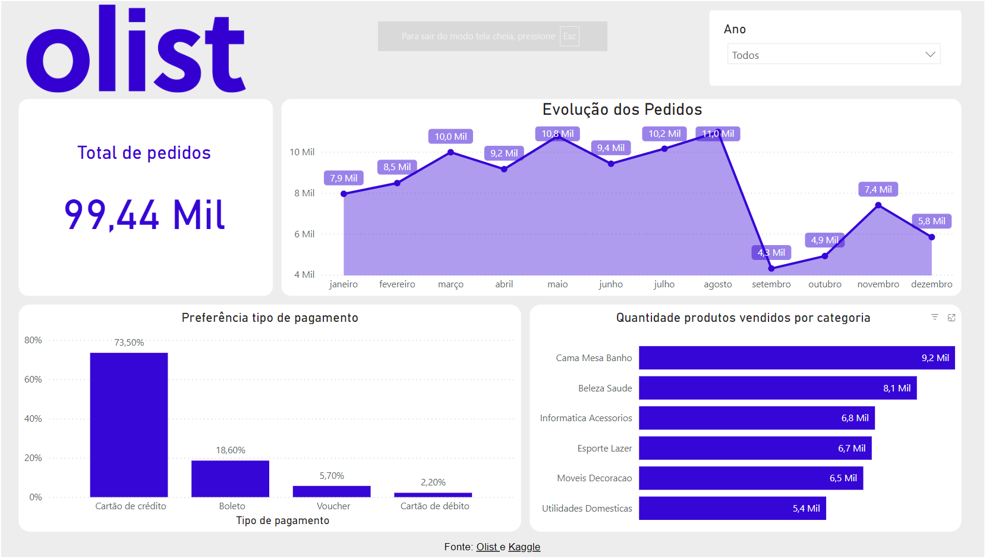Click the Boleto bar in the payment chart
tap(230, 478)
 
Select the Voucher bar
tap(332, 491)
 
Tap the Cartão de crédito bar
tap(129, 425)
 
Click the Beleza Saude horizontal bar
tap(777, 388)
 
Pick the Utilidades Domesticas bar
tap(732, 509)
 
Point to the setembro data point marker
tap(771, 268)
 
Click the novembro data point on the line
tap(878, 205)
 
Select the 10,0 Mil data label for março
tap(451, 137)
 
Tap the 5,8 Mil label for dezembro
tap(931, 221)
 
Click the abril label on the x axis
tap(504, 284)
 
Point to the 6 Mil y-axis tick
tap(304, 234)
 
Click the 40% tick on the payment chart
tap(33, 419)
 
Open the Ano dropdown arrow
tap(930, 55)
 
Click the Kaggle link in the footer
tap(524, 547)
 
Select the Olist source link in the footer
tap(487, 547)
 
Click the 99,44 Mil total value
tap(144, 215)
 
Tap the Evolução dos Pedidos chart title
tap(622, 109)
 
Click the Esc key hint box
tap(569, 36)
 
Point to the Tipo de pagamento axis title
tap(282, 521)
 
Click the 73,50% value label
tap(129, 343)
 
